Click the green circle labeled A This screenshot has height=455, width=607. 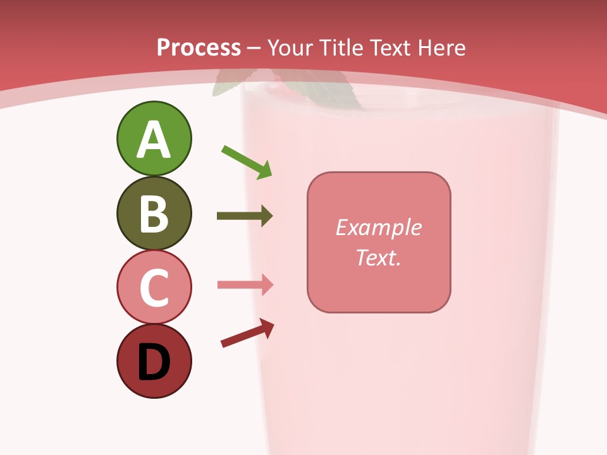tap(154, 138)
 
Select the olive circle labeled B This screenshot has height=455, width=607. tap(154, 213)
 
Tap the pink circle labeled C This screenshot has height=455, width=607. tap(154, 287)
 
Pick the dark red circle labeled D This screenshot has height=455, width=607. tap(154, 361)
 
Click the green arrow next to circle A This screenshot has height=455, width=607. tap(247, 162)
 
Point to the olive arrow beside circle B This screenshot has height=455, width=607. tap(245, 216)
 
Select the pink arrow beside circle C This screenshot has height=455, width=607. tap(245, 284)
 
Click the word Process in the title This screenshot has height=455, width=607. tap(199, 48)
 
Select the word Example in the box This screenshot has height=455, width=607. tap(378, 227)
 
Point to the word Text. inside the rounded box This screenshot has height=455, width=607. tap(378, 257)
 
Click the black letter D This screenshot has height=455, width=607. tap(154, 362)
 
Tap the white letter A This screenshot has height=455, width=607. tap(154, 140)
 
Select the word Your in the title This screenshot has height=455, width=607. tap(291, 48)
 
